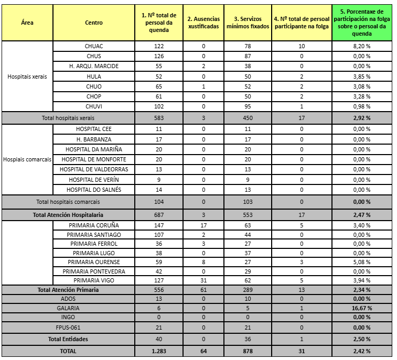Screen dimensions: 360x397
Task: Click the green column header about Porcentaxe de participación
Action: [362, 23]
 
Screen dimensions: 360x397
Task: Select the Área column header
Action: [27, 23]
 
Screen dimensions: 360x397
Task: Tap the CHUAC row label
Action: [94, 46]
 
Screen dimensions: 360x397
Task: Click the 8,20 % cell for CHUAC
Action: [362, 46]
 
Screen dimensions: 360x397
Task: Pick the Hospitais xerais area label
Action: [27, 77]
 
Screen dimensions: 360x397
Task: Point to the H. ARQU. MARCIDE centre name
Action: [94, 66]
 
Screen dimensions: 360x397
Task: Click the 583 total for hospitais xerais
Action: [159, 118]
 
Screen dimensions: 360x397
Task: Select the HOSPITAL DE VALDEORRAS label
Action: [94, 169]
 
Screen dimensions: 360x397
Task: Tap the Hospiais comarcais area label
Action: [27, 159]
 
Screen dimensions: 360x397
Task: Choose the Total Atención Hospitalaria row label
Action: [68, 215]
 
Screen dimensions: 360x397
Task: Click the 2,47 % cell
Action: [362, 215]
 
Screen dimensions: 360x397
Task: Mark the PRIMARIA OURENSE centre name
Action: [94, 262]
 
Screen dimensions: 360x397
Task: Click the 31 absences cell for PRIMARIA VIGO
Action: [203, 280]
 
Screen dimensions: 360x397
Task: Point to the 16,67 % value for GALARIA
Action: [362, 308]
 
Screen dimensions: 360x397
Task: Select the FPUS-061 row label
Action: [68, 328]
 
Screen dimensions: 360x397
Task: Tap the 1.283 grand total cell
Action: [159, 351]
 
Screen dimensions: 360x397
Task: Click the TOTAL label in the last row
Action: [68, 351]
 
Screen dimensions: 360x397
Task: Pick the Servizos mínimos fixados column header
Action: [248, 23]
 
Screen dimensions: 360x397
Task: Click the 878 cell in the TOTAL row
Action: [248, 351]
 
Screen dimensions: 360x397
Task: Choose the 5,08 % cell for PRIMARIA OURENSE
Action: [362, 262]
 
